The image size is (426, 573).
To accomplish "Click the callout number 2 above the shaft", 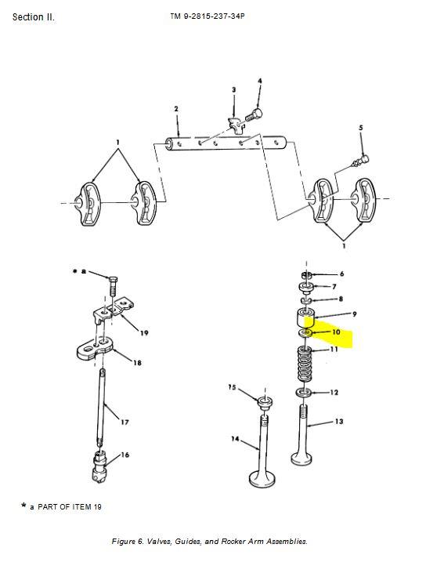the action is pyautogui.click(x=176, y=109).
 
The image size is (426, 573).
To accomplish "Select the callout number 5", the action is pyautogui.click(x=361, y=128).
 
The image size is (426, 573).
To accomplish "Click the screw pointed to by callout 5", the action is pyautogui.click(x=360, y=161).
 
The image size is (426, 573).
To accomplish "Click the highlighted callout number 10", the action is pyautogui.click(x=336, y=332).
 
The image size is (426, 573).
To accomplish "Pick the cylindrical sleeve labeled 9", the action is pyautogui.click(x=306, y=317).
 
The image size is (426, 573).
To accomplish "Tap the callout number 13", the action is pyautogui.click(x=339, y=422).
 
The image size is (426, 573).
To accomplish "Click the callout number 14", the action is pyautogui.click(x=235, y=438).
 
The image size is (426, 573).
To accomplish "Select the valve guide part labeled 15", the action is pyautogui.click(x=265, y=403).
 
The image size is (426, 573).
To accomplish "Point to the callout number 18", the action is pyautogui.click(x=137, y=363).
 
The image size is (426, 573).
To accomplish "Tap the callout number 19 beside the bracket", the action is pyautogui.click(x=144, y=333).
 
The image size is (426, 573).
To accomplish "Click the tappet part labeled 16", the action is pyautogui.click(x=99, y=466).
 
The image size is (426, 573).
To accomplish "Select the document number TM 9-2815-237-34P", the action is pyautogui.click(x=207, y=16).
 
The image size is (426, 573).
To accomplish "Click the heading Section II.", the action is pyautogui.click(x=34, y=16).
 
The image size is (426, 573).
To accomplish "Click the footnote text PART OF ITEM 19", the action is pyautogui.click(x=70, y=507).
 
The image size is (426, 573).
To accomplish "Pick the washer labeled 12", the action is pyautogui.click(x=304, y=393).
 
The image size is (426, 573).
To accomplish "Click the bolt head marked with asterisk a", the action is pyautogui.click(x=113, y=280).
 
